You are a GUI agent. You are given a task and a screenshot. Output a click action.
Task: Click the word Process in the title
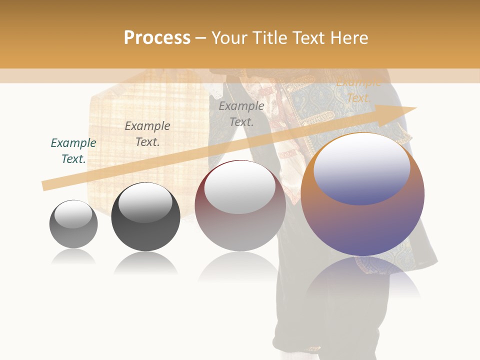point(157,38)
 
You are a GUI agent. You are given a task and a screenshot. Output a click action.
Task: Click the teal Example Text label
point(73,151)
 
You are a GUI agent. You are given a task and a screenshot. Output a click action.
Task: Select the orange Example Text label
point(358,90)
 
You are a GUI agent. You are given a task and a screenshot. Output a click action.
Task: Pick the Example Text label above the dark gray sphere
point(147,134)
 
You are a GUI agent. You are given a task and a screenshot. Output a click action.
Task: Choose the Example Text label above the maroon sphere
point(241,114)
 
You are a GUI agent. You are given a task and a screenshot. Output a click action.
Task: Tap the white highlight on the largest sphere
point(361,167)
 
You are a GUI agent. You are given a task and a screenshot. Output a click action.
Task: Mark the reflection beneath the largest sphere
point(363,277)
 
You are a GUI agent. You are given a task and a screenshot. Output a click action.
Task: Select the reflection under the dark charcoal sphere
point(145,263)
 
